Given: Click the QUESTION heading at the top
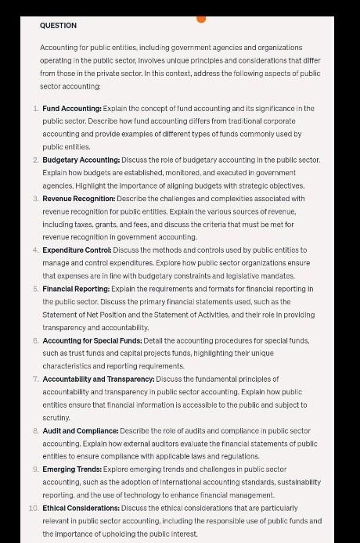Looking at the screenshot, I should click(58, 26).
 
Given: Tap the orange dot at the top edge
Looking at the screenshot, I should click(201, 17).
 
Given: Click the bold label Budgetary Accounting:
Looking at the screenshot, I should click(81, 160).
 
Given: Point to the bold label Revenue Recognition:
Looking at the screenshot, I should click(79, 199).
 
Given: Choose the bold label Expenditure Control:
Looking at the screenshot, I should click(77, 250).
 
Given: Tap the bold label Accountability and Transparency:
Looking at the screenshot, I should click(99, 379).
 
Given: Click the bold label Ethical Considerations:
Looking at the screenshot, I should click(81, 508).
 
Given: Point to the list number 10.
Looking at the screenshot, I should click(33, 508).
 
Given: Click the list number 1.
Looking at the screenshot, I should click(35, 108).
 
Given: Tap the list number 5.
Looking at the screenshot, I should click(35, 289).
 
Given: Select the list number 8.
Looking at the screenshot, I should click(35, 431).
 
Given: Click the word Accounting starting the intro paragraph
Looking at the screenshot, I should click(58, 48).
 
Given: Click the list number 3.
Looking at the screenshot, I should click(35, 199).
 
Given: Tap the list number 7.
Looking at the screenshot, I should click(35, 379).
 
